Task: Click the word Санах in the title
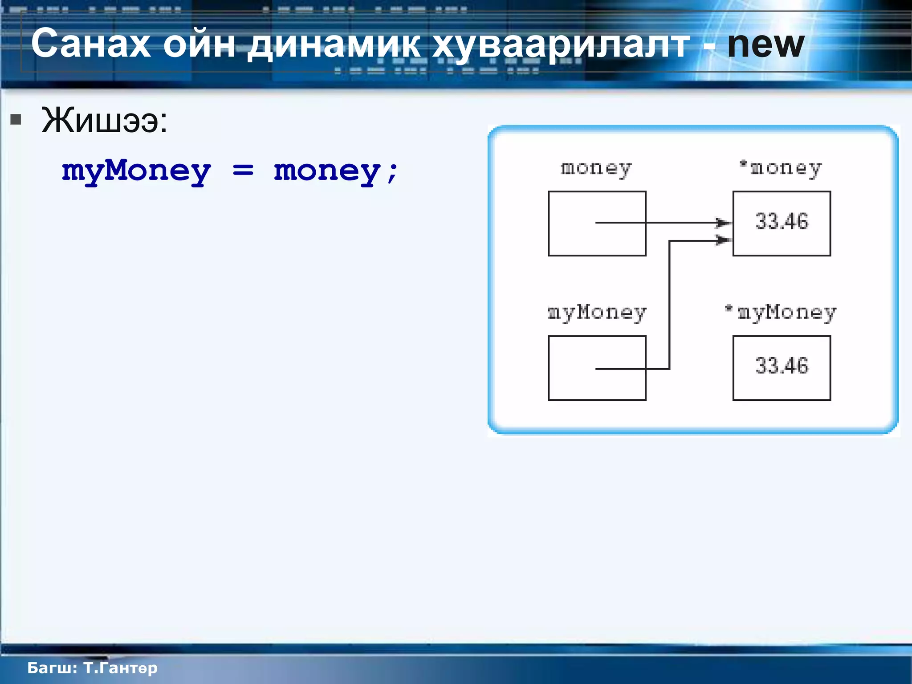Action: point(91,44)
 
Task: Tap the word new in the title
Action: point(765,45)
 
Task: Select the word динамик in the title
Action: point(334,45)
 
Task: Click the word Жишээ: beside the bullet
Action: point(105,121)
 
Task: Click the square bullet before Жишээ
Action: point(16,119)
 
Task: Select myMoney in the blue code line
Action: point(136,172)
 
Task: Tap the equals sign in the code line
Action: point(243,170)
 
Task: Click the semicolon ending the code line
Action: point(392,173)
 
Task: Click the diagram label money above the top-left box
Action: point(596,169)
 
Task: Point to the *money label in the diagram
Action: point(781,169)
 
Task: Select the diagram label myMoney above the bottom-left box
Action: point(597,313)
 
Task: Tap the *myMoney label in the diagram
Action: point(781,313)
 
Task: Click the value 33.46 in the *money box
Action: point(782,221)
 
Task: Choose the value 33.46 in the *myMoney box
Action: point(782,366)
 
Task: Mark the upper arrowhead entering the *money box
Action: point(723,222)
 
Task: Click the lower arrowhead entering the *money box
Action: point(723,240)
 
